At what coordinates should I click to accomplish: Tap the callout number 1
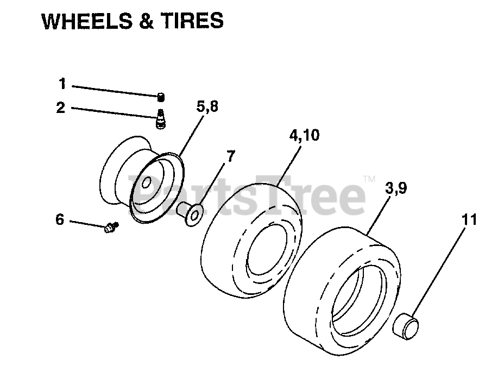pyautogui.click(x=62, y=84)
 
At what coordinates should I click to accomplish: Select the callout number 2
pyautogui.click(x=61, y=107)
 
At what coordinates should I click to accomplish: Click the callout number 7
pyautogui.click(x=230, y=156)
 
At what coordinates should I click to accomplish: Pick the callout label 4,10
pyautogui.click(x=304, y=135)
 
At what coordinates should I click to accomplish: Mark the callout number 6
pyautogui.click(x=60, y=220)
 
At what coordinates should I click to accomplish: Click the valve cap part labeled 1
pyautogui.click(x=161, y=97)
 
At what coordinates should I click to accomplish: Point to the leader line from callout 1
pyautogui.click(x=114, y=90)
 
